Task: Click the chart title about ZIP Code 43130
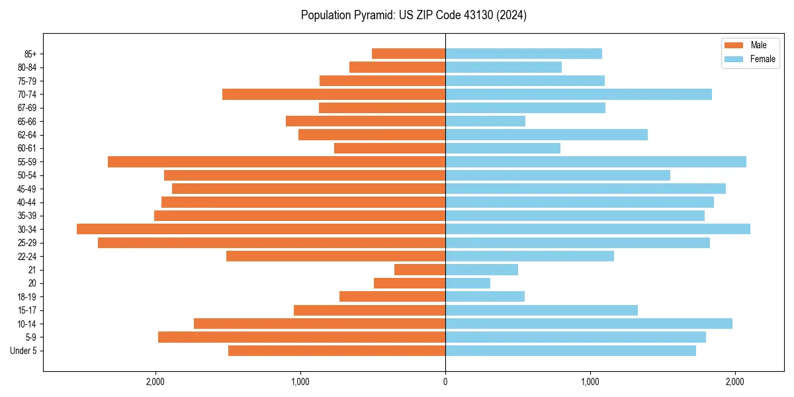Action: pos(414,15)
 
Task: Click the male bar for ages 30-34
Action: pos(261,229)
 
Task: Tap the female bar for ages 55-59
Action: pos(595,161)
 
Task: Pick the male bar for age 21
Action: pos(419,269)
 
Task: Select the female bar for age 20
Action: pos(468,283)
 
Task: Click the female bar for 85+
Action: pos(523,54)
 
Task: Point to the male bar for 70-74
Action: pos(333,94)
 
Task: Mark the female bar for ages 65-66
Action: pos(485,121)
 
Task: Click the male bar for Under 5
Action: pos(337,351)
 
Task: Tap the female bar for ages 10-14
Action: pos(589,324)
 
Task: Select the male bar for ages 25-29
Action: pos(271,243)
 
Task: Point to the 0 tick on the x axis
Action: pos(445,382)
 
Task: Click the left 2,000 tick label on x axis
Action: pos(155,382)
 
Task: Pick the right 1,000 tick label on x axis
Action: pos(590,382)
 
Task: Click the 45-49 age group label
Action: pos(27,189)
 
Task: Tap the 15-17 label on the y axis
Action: pos(27,310)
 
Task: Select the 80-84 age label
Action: pos(27,67)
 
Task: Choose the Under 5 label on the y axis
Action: pos(23,351)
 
